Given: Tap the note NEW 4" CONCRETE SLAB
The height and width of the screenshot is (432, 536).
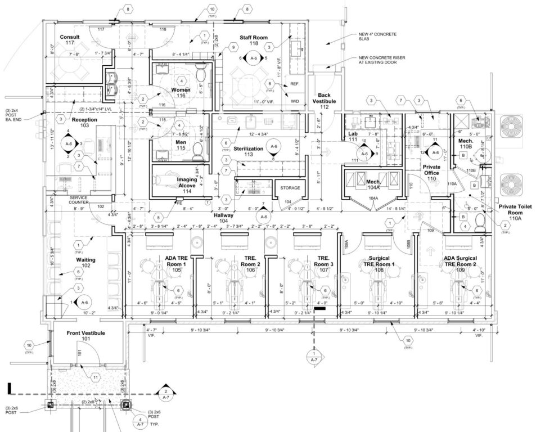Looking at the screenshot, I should click(x=377, y=37).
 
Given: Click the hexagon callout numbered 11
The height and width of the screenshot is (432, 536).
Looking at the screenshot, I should click(x=96, y=377).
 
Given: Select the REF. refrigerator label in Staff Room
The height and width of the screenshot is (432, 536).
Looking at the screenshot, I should click(x=294, y=84).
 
